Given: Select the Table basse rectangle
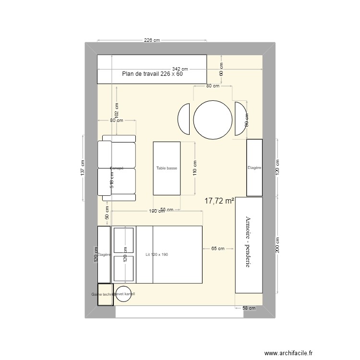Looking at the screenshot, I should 167,168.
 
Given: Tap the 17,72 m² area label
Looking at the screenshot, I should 219,201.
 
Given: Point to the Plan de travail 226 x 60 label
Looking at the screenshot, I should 152,74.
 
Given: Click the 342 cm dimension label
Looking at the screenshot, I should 180,69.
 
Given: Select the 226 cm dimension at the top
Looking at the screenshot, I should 152,40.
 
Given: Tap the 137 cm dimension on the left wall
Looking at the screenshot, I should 83,168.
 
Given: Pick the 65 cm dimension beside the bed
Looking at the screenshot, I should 217,249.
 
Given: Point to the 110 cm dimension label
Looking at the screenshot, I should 195,168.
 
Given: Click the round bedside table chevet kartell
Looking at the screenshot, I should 123,294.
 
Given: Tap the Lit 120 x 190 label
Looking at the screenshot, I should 156,254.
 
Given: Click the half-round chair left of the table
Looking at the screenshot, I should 184,120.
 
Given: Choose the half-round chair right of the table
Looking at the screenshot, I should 240,120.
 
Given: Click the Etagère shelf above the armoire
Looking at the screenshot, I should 254,168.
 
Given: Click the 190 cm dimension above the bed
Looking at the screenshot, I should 156,211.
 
